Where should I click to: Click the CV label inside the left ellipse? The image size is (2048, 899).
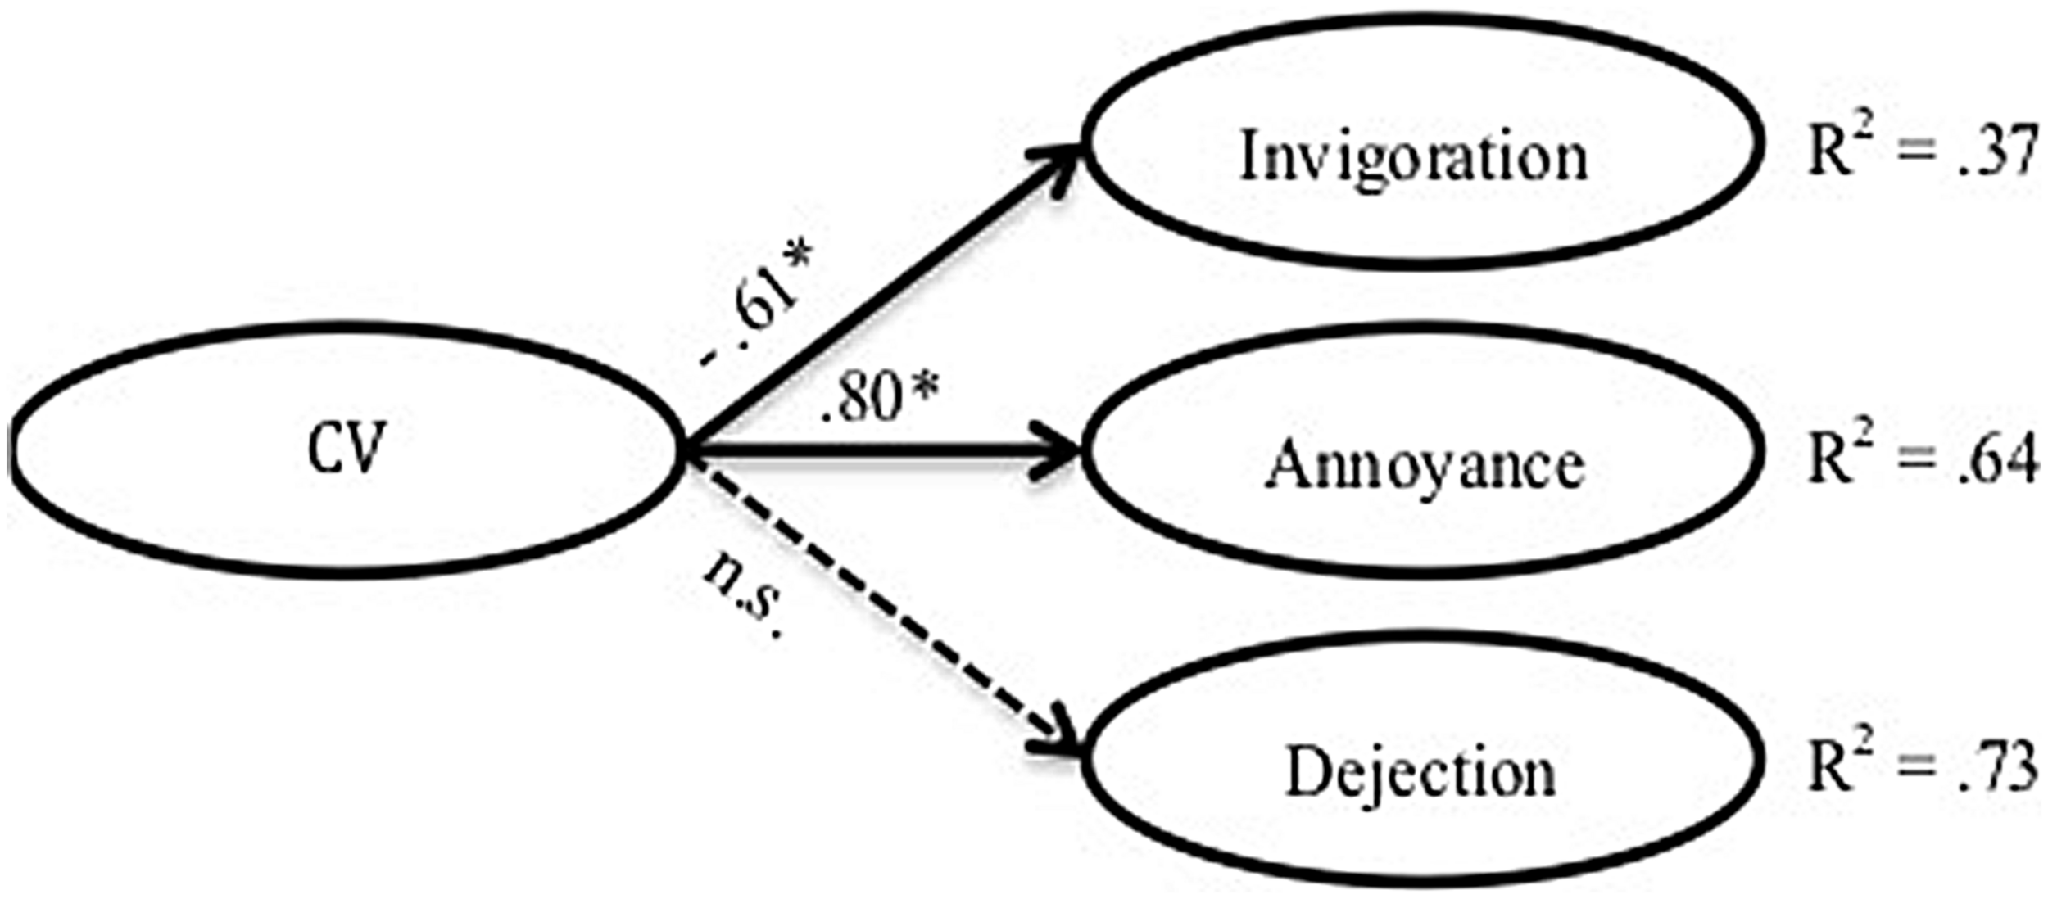click(x=347, y=449)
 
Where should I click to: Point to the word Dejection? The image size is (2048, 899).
click(x=1420, y=771)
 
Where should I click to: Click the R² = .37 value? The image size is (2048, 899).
click(x=1922, y=151)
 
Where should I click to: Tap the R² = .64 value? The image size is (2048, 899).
click(x=1922, y=459)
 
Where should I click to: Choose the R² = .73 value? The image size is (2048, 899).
click(x=1922, y=766)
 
